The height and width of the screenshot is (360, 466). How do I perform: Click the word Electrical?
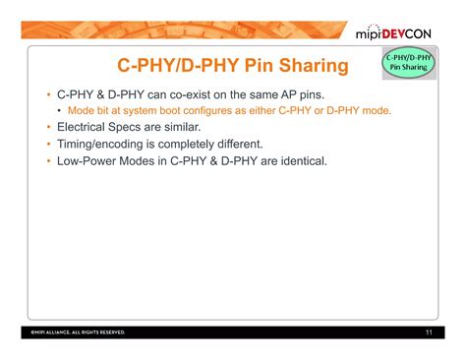click(x=83, y=128)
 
